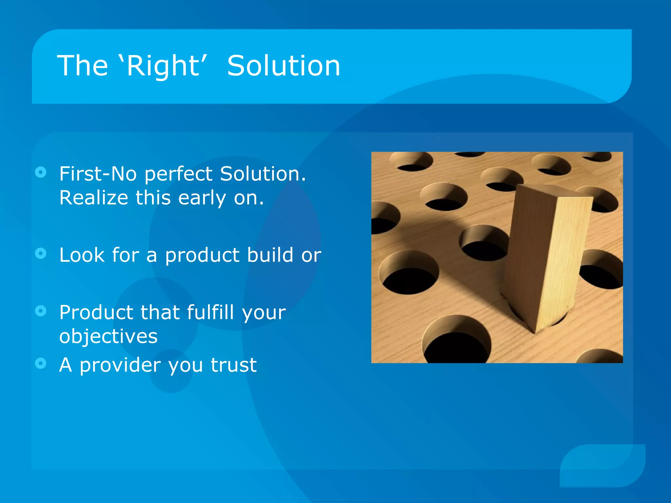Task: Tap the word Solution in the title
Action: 284,66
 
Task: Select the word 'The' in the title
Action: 82,66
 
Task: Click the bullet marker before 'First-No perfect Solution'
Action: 41,172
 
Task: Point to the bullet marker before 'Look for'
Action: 41,253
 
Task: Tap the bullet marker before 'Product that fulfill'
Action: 41,311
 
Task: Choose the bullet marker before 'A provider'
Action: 41,363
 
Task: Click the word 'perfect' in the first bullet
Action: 179,174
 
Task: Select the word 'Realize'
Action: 93,198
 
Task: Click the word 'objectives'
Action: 108,337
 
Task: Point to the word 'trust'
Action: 234,365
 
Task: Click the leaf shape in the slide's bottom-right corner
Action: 603,465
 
